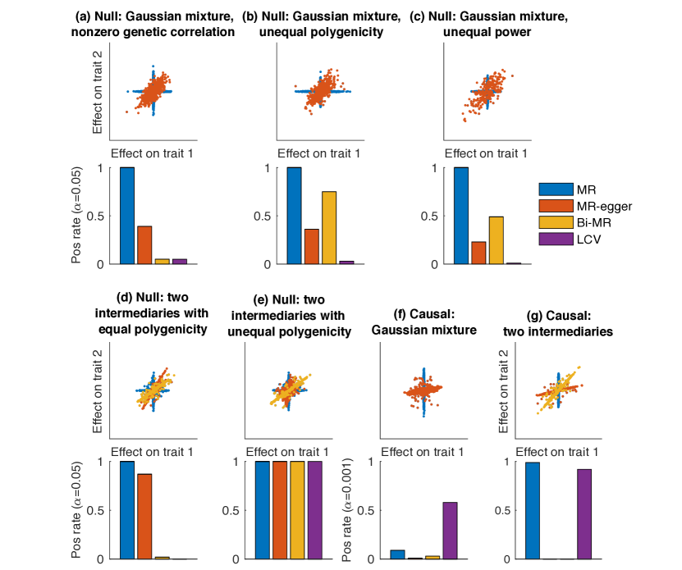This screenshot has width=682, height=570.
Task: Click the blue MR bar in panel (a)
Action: (127, 216)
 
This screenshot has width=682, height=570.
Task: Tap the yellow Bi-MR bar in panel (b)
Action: (329, 227)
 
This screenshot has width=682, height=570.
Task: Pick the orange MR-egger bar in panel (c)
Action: (478, 253)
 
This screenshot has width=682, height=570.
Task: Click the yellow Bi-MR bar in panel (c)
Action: (496, 240)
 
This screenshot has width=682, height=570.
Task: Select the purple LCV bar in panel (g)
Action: (584, 513)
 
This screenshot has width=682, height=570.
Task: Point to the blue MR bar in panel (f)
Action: (398, 554)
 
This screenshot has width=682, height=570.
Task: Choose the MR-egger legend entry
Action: (599, 206)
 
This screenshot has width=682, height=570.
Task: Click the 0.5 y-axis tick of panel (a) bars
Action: (103, 216)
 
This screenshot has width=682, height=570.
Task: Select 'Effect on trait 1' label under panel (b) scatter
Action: (318, 153)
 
